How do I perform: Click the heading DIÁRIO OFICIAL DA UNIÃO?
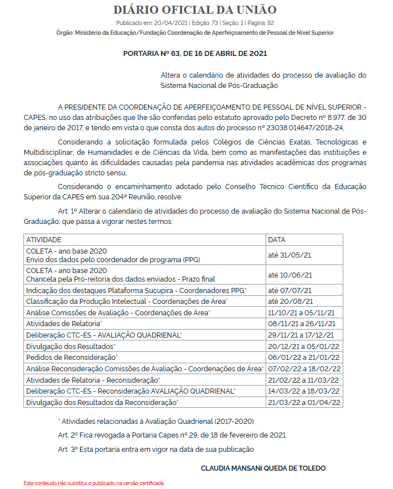(x=195, y=10)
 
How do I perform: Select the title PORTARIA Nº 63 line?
(x=195, y=53)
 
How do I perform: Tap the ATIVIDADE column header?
(x=44, y=240)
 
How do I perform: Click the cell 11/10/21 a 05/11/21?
(x=301, y=312)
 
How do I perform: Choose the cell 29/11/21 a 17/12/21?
(x=301, y=335)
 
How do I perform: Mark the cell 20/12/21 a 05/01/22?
(x=301, y=346)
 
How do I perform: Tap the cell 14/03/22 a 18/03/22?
(x=301, y=391)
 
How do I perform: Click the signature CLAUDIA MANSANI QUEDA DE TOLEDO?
(x=263, y=468)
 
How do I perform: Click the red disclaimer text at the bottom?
(x=94, y=483)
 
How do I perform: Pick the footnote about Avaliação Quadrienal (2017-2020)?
(x=156, y=421)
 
